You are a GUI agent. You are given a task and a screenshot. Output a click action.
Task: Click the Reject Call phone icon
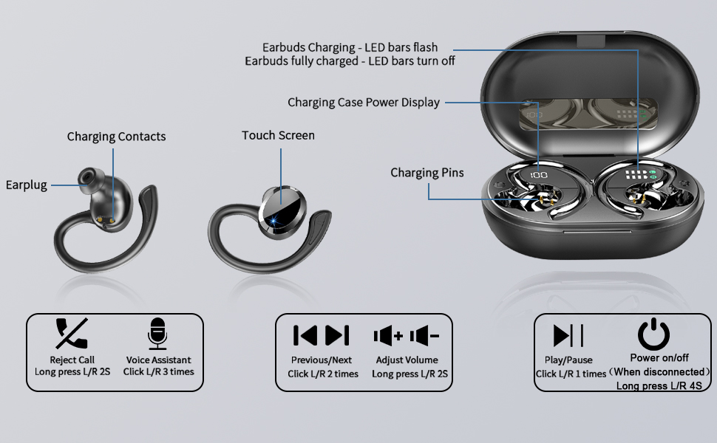coord(72,334)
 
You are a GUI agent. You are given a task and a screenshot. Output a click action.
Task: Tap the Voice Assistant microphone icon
coord(157,334)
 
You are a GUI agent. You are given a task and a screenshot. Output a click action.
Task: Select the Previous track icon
coord(305,335)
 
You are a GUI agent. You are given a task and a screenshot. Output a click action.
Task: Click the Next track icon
coord(337,335)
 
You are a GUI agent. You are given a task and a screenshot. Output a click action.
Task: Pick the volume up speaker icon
coord(388,337)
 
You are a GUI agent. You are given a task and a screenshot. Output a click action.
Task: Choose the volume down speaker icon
coord(424,337)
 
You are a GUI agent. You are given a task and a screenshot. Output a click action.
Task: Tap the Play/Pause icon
coord(569,335)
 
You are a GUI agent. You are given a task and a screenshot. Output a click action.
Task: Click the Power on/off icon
coord(653,334)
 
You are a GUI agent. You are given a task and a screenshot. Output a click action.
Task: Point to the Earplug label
coord(27,185)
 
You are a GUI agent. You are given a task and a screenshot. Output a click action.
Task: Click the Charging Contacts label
coord(116,137)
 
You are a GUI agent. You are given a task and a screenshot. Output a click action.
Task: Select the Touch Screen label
coord(278,136)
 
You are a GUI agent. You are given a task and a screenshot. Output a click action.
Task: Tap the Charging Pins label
coord(427,173)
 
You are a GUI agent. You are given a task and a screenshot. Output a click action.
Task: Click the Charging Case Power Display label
coord(364,103)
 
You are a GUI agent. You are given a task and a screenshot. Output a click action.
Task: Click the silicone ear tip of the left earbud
coord(88,176)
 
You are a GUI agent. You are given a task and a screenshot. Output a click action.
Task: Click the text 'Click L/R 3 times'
coord(158,372)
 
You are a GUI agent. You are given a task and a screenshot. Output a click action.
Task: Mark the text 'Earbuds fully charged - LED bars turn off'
coord(350,61)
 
